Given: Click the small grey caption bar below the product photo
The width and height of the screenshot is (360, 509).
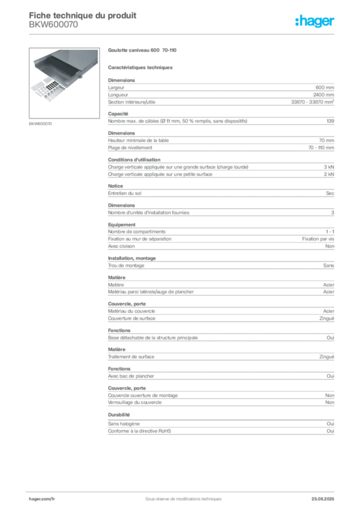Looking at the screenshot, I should click(x=41, y=123).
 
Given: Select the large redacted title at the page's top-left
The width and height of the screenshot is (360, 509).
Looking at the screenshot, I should click(x=82, y=15).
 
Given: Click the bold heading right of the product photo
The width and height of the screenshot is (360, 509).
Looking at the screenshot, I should click(x=142, y=50).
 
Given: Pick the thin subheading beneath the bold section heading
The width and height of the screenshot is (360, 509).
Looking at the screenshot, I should click(x=141, y=67).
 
